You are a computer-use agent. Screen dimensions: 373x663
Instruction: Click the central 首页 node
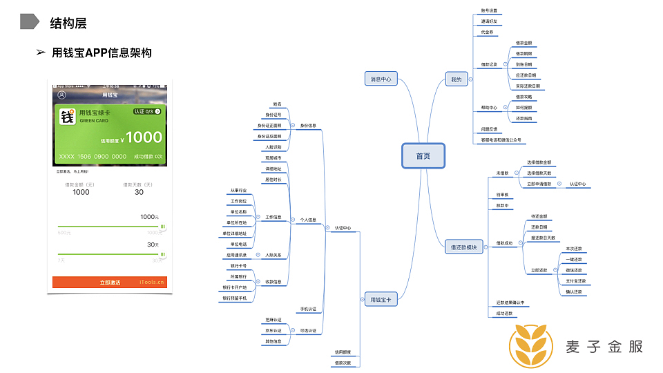(x=423, y=156)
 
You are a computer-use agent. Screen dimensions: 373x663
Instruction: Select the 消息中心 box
(x=380, y=79)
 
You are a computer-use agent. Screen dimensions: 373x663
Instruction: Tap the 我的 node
(x=456, y=80)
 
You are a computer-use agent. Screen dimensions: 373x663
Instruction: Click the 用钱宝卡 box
(x=380, y=299)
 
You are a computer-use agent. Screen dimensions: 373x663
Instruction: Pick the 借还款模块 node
(x=463, y=247)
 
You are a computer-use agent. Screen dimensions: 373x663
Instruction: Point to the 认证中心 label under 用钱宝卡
(x=343, y=227)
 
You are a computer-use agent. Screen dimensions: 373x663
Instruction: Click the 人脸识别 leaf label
(x=273, y=147)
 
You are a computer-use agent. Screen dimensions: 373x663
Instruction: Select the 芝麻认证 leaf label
(x=273, y=320)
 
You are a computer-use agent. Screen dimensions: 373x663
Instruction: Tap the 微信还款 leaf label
(x=574, y=270)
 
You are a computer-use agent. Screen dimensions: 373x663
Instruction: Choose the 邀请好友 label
(x=489, y=21)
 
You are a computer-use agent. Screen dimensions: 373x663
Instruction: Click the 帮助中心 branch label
(x=489, y=108)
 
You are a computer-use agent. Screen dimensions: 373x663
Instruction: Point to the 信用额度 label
(x=343, y=352)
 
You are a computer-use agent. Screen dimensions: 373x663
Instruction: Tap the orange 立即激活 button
(x=110, y=283)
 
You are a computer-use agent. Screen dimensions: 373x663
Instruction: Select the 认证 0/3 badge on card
(x=146, y=111)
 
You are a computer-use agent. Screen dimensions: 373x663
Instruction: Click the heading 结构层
(x=68, y=23)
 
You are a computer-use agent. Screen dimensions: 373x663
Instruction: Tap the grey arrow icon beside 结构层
(x=29, y=21)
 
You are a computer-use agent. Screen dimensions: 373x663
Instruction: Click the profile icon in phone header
(x=62, y=95)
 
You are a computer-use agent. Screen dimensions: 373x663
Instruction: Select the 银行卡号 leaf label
(x=238, y=266)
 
